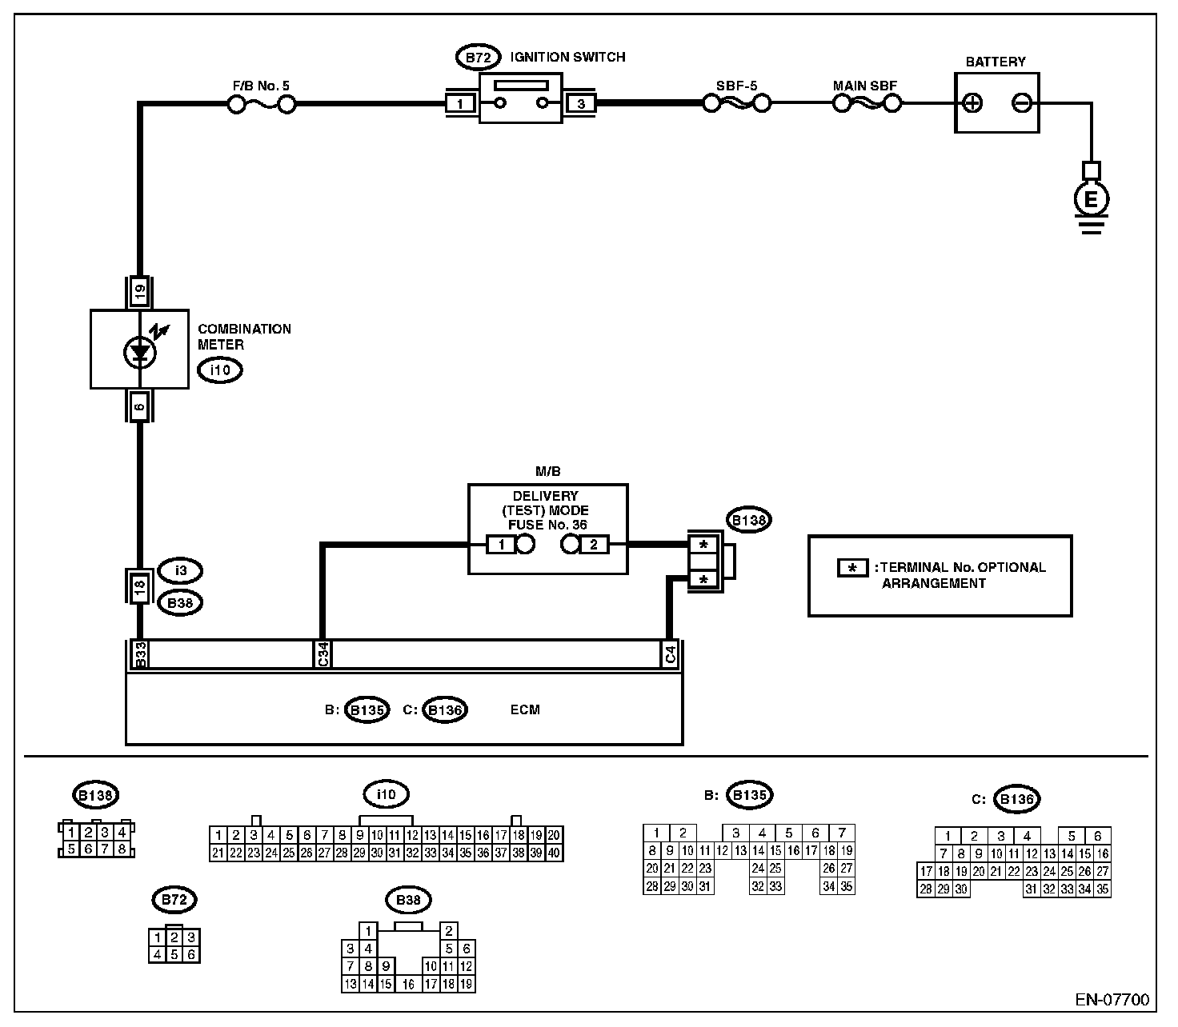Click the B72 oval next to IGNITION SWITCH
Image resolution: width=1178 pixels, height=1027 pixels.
coord(478,57)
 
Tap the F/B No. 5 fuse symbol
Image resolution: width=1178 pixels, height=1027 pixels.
coord(262,104)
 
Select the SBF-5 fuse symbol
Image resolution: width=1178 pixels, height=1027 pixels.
coord(737,103)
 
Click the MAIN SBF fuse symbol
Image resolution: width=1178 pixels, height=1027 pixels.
coord(867,103)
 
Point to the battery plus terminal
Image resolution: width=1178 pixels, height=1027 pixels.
coord(972,103)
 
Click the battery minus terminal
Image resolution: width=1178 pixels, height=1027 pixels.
coord(1023,103)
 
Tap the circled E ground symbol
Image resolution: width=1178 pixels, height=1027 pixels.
coord(1091,199)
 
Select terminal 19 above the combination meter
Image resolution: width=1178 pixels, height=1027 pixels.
coord(140,291)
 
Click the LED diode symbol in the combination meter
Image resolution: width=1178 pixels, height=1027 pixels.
coord(140,353)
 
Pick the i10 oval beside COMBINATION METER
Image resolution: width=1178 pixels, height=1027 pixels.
coord(220,370)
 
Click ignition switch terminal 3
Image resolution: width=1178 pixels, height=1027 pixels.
coord(580,103)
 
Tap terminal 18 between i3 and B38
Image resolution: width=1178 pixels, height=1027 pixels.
coord(139,587)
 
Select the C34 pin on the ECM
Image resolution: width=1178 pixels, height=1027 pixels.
coord(323,654)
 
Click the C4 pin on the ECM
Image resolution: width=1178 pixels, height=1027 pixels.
coord(670,654)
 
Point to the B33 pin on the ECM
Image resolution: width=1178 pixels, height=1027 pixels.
coord(140,654)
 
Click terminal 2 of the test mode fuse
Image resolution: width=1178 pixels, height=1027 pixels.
coord(594,544)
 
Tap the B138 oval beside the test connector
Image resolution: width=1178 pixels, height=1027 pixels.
coord(748,520)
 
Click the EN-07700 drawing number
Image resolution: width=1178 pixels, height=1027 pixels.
coord(1112,999)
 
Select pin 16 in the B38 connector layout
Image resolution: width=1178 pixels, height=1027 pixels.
coord(408,985)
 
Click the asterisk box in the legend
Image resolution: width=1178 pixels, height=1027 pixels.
coord(853,568)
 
